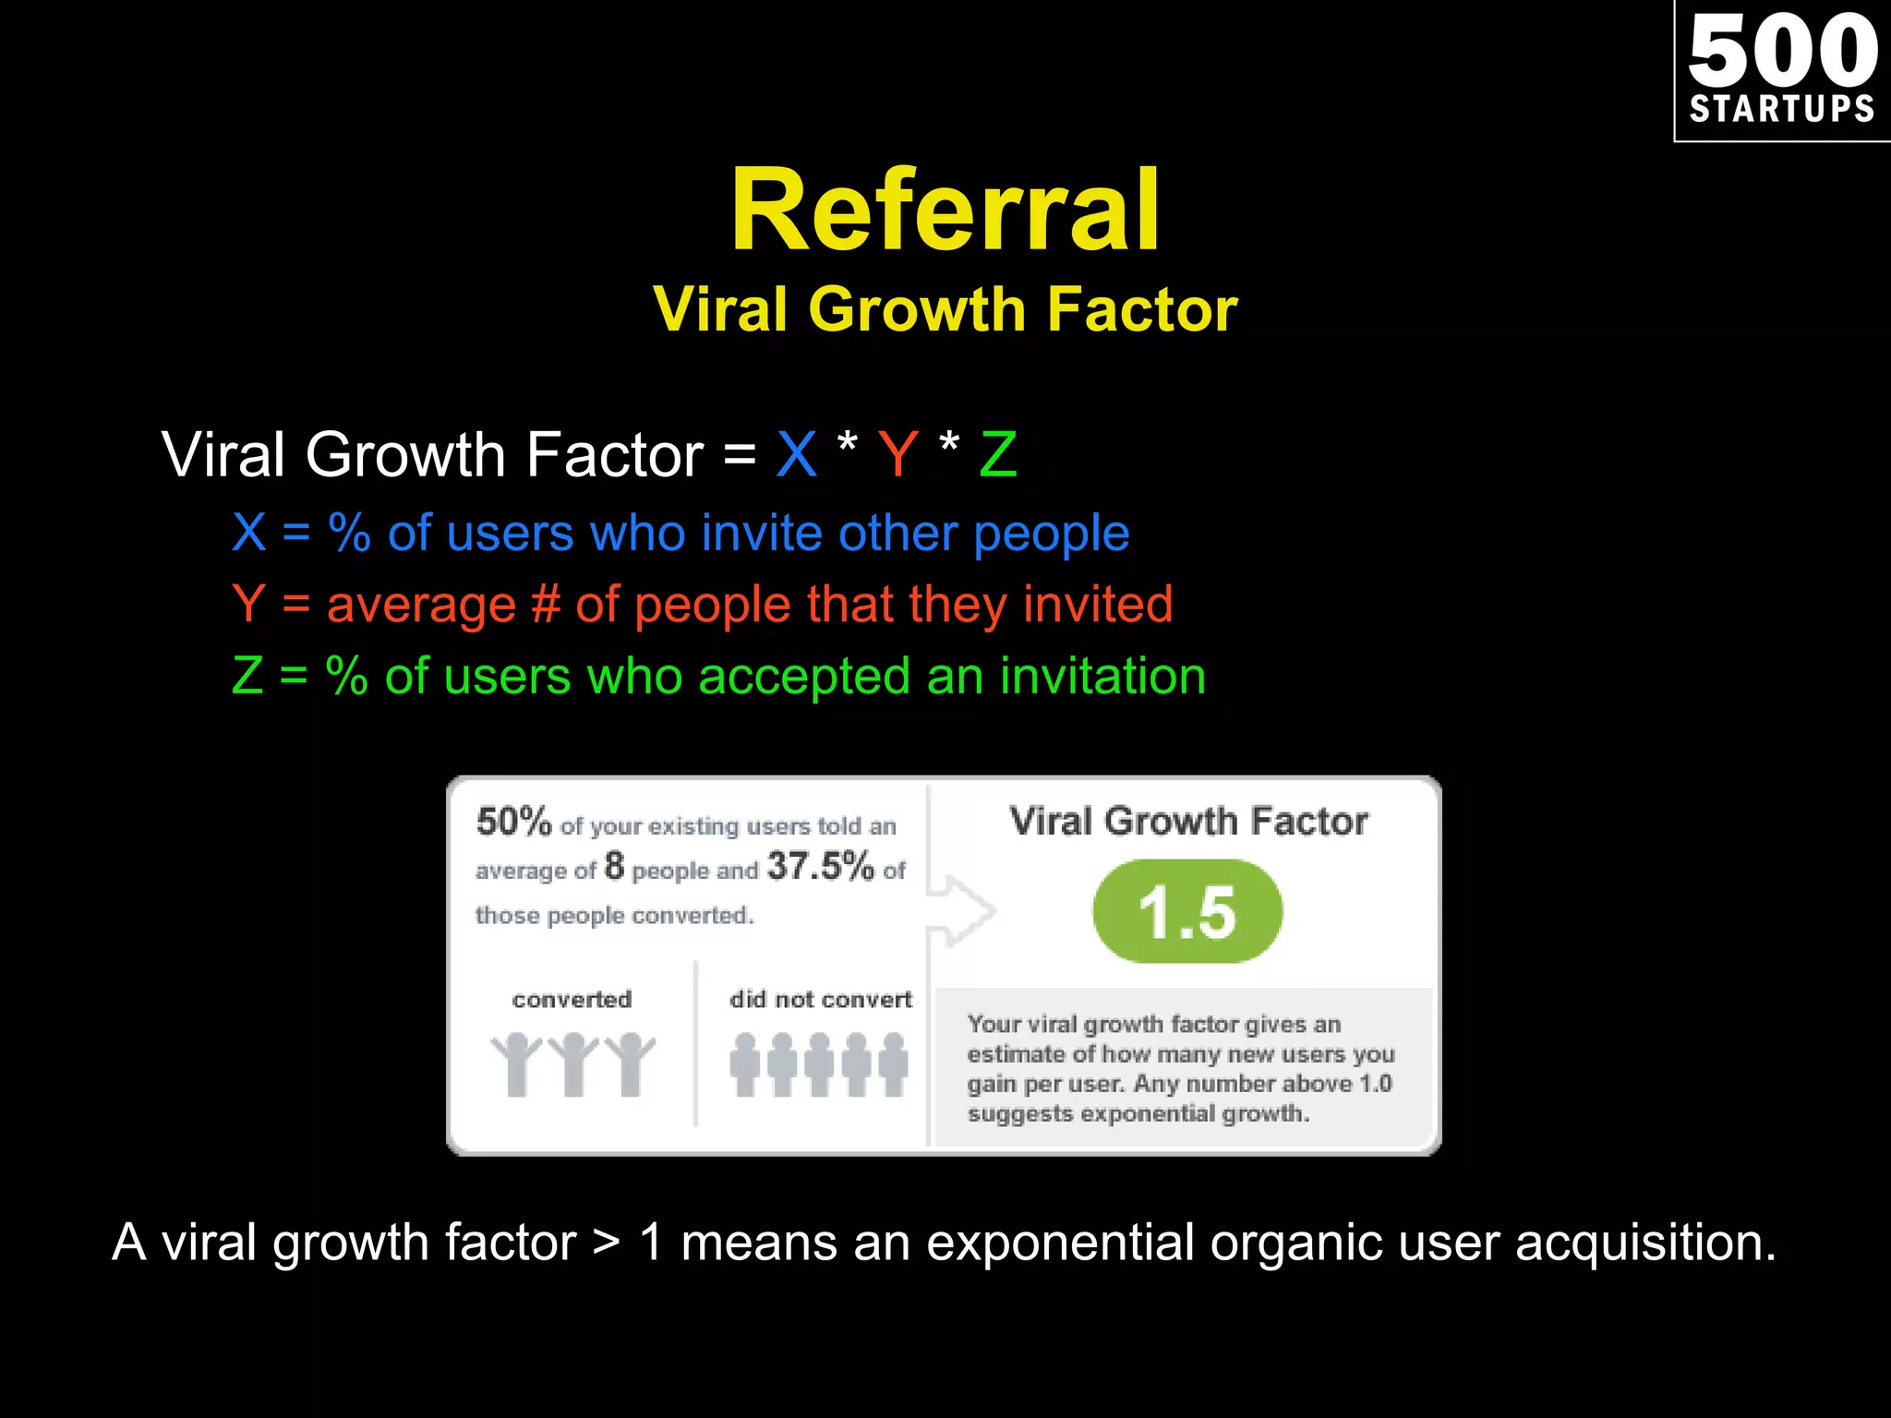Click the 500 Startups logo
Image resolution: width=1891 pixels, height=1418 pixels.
pos(1782,70)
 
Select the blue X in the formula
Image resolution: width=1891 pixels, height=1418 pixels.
pos(797,454)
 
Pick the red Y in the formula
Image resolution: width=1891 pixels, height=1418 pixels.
pos(897,454)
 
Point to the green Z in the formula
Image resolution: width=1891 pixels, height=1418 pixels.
pos(998,454)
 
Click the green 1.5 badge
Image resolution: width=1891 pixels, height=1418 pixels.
pos(1187,912)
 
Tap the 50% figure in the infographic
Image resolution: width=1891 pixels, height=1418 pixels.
pos(513,821)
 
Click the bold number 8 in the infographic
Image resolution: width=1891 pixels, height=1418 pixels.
pos(614,867)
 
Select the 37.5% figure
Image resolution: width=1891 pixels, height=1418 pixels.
pos(820,867)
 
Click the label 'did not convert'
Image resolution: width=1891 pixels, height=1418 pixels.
pos(820,999)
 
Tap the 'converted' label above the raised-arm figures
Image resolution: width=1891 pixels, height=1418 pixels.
pos(572,999)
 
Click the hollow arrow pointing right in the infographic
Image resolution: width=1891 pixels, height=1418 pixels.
pos(962,911)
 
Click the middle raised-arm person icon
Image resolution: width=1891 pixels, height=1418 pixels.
pos(573,1063)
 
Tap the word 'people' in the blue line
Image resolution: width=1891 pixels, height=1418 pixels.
pos(1051,534)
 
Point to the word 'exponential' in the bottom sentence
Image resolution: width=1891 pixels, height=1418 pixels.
pos(1060,1243)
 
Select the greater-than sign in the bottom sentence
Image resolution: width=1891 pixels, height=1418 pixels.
pos(607,1243)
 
